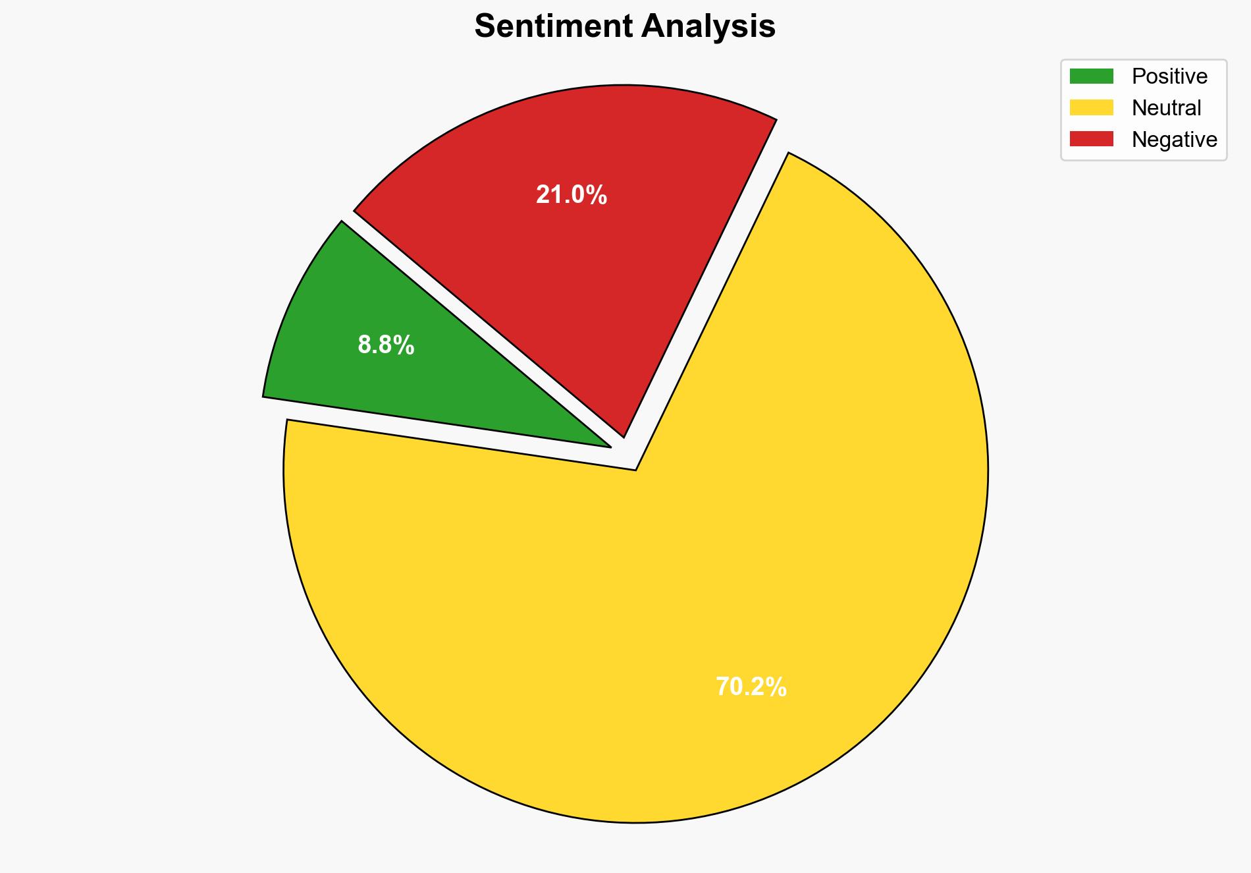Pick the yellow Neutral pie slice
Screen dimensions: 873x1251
coord(658,593)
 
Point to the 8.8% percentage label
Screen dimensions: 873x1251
coord(386,345)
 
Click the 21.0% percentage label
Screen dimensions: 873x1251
coord(571,195)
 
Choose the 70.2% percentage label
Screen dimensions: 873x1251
coord(751,687)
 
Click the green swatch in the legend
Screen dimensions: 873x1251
coord(1091,76)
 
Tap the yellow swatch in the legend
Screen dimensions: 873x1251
coord(1091,107)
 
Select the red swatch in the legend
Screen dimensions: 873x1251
coord(1091,139)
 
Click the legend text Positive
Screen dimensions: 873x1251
coord(1169,76)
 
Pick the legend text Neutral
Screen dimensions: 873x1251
coord(1166,108)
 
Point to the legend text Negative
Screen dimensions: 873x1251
coord(1174,140)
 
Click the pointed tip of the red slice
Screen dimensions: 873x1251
coord(623,436)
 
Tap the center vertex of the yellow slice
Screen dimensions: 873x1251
coord(635,469)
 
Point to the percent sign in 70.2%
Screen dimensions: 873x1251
coord(776,687)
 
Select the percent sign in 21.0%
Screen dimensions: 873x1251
coord(597,195)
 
